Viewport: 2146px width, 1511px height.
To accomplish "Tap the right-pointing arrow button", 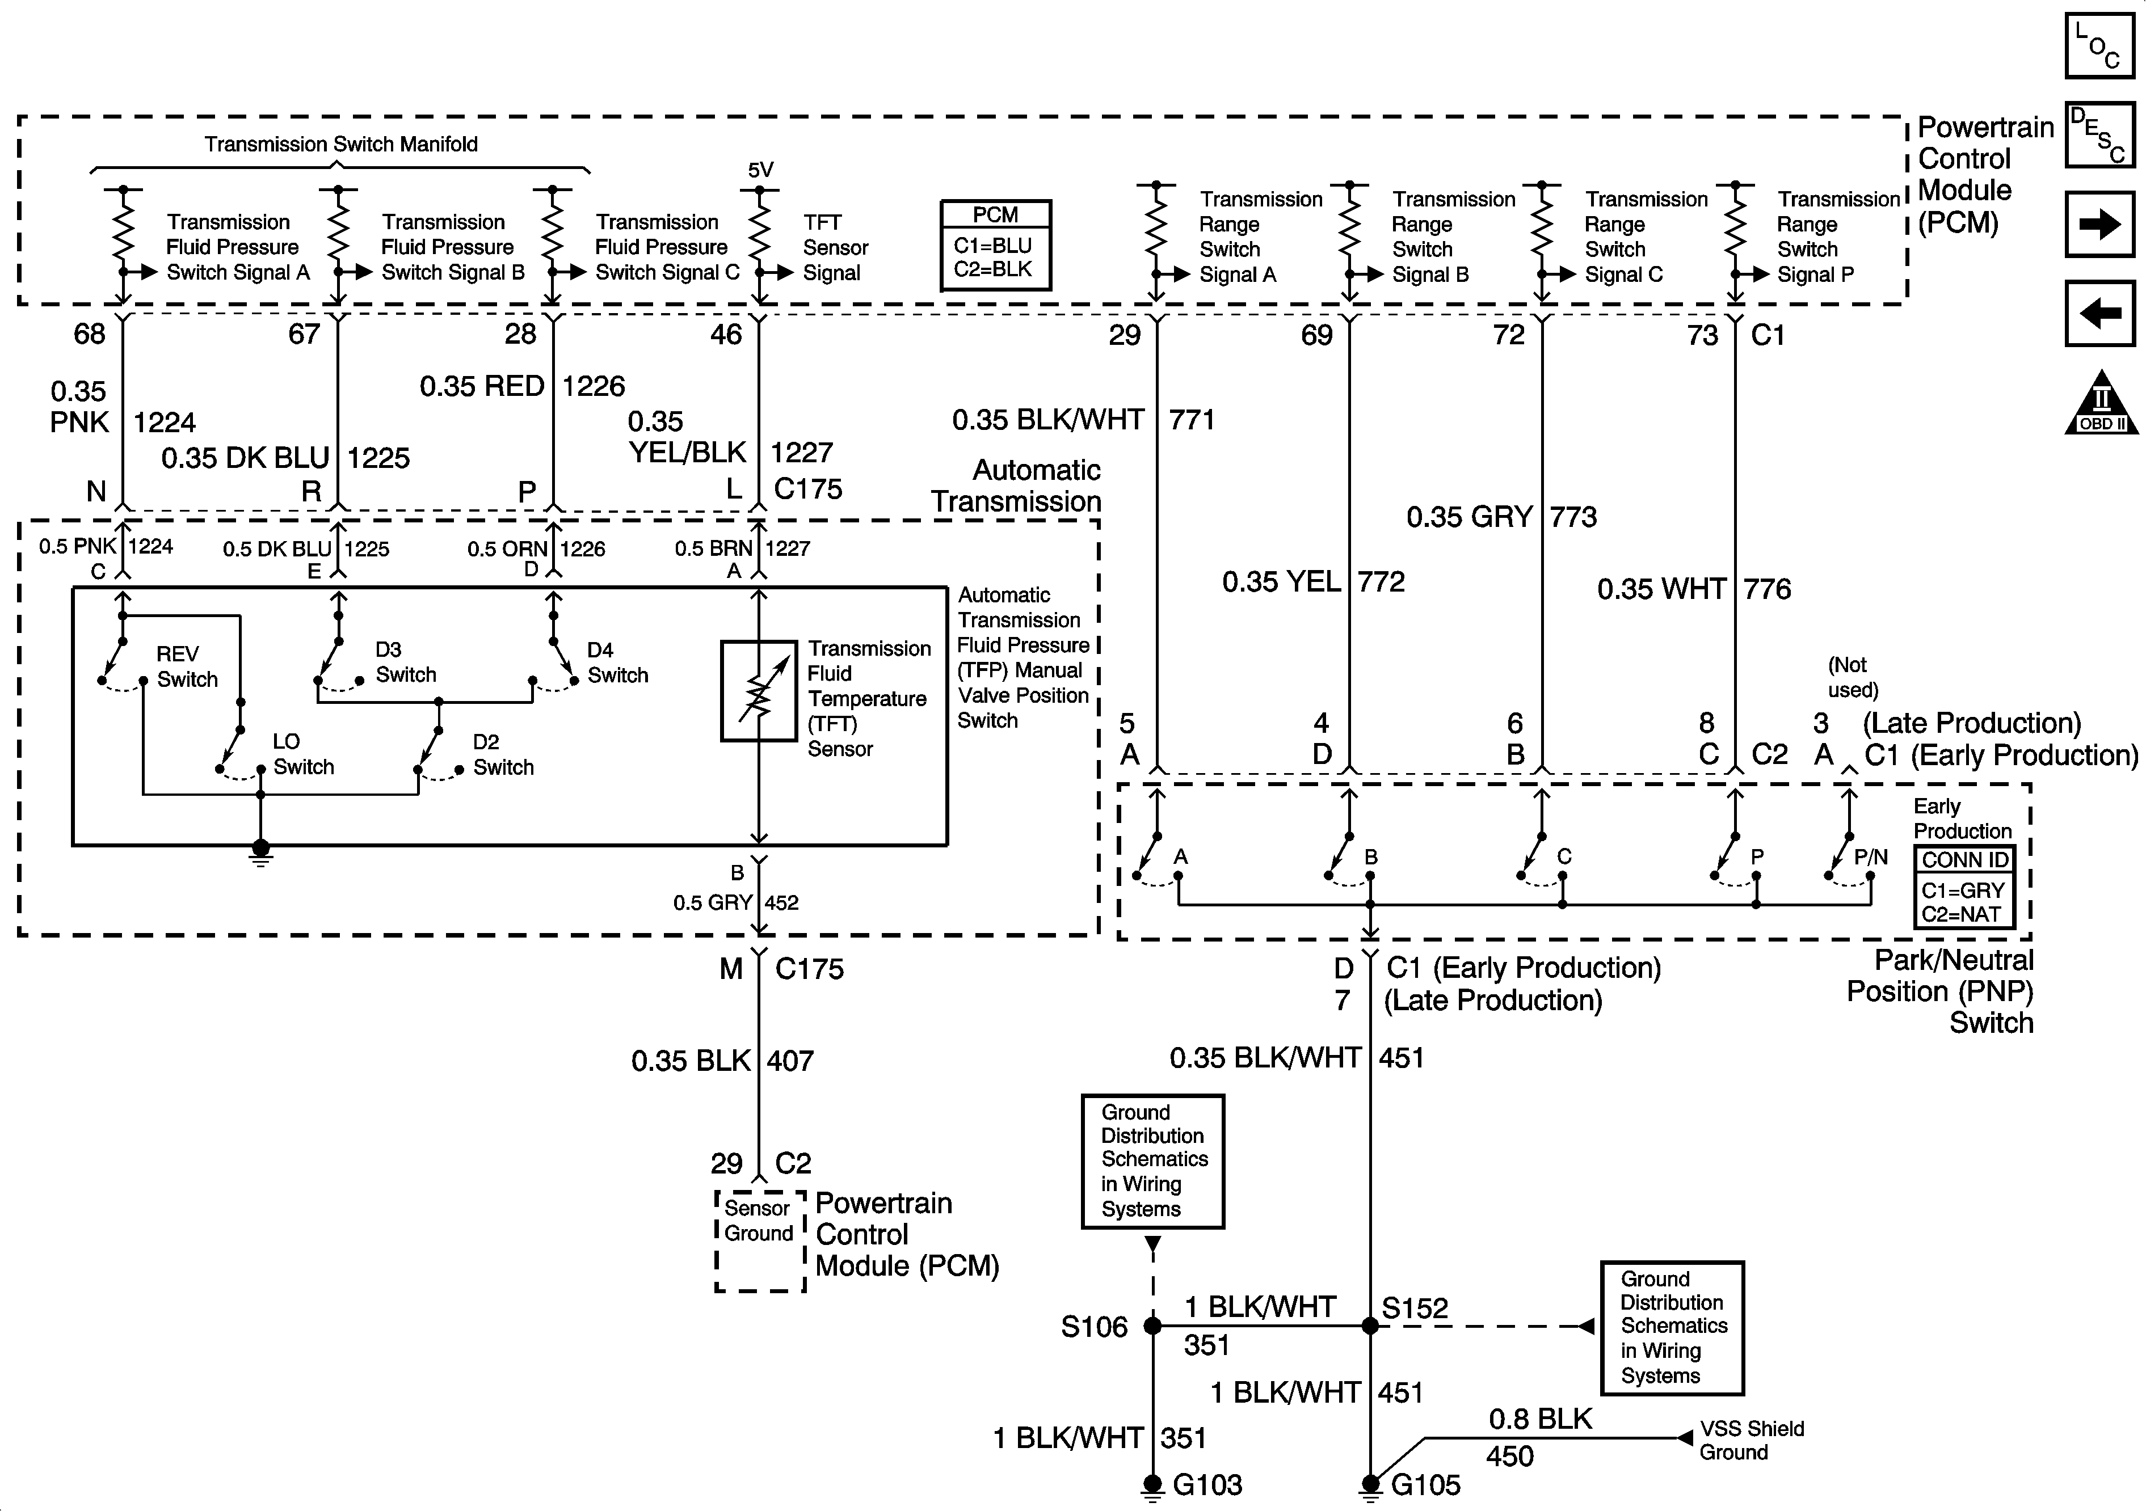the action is point(2099,223).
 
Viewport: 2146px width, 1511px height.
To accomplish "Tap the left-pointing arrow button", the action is point(2099,313).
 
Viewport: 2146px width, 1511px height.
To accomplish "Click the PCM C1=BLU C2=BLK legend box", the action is point(995,245).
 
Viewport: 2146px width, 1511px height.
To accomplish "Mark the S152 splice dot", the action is point(1370,1325).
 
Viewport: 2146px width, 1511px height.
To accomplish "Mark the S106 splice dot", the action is point(1154,1325).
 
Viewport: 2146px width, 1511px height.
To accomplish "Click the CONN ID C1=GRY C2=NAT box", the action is point(1964,886).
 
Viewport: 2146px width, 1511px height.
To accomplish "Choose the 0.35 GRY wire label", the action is point(1469,517).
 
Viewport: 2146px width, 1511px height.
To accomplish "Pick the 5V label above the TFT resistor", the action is point(761,170).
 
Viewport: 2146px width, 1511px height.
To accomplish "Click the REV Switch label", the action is point(187,666).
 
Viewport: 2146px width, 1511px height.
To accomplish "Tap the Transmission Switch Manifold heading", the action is point(341,144).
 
